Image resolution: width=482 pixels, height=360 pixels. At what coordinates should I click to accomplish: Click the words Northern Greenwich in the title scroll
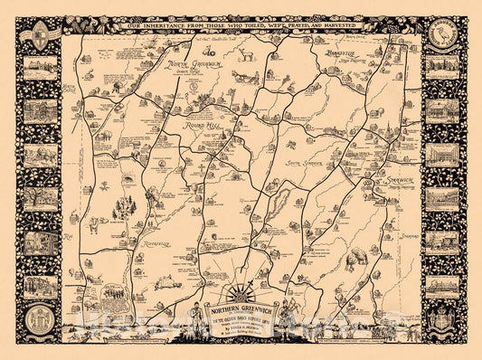pyautogui.click(x=241, y=306)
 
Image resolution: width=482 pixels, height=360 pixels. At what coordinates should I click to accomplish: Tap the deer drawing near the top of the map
pyautogui.click(x=244, y=55)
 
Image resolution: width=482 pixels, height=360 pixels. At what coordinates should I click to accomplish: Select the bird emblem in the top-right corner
pyautogui.click(x=444, y=37)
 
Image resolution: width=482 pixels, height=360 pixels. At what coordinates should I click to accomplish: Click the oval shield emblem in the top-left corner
pyautogui.click(x=39, y=36)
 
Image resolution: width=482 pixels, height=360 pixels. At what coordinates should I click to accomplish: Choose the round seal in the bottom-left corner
pyautogui.click(x=39, y=322)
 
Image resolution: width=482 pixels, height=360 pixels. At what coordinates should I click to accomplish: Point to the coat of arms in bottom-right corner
pyautogui.click(x=443, y=321)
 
